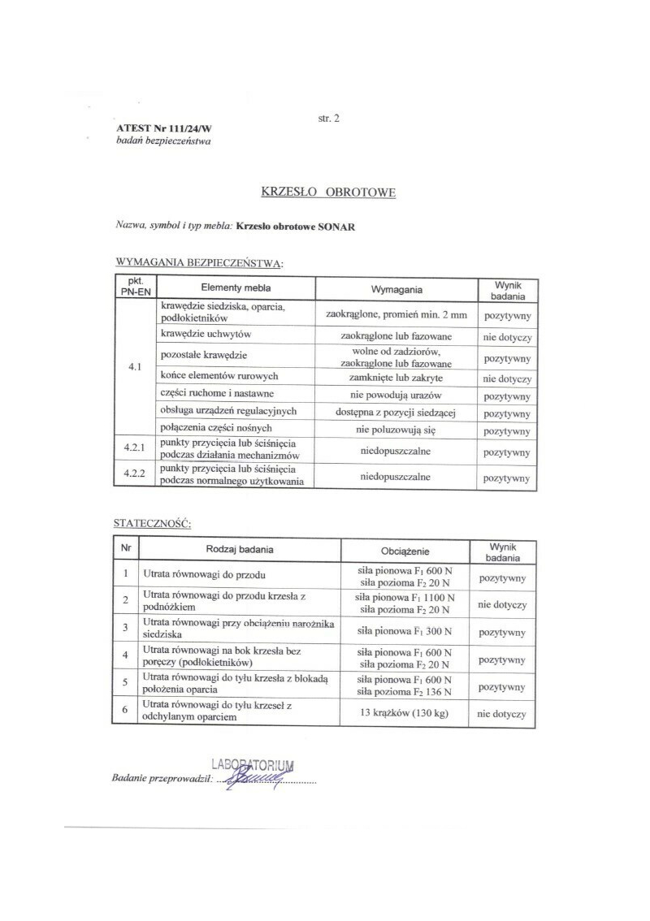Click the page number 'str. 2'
pyautogui.click(x=328, y=119)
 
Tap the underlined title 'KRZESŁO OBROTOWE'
pyautogui.click(x=328, y=192)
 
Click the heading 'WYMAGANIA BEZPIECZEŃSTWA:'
pyautogui.click(x=200, y=263)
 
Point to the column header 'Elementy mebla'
pyautogui.click(x=236, y=288)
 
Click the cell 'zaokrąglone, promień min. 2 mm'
pyautogui.click(x=396, y=313)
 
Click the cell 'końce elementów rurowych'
pyautogui.click(x=220, y=376)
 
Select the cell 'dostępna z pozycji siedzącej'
pyautogui.click(x=396, y=413)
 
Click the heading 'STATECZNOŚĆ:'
pyautogui.click(x=153, y=524)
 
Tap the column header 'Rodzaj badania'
pyautogui.click(x=240, y=550)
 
